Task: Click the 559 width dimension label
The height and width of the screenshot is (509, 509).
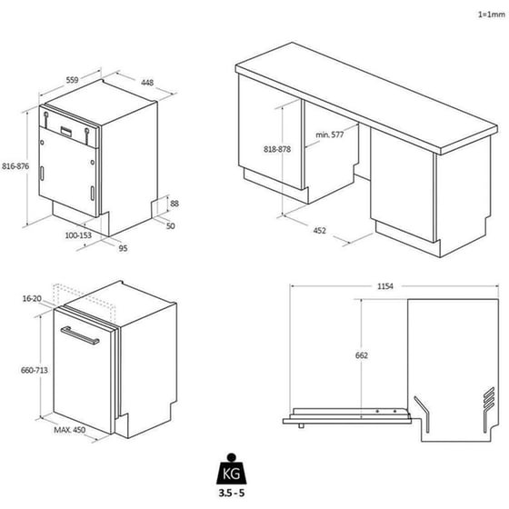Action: click(72, 80)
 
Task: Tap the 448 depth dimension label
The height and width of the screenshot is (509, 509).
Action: click(147, 83)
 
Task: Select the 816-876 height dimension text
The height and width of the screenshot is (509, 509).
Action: click(15, 166)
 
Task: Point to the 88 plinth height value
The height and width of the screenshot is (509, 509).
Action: click(175, 204)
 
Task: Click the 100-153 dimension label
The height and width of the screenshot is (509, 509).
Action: click(78, 235)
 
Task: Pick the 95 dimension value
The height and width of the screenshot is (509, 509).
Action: click(123, 248)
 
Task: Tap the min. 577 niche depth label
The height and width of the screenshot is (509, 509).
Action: click(329, 135)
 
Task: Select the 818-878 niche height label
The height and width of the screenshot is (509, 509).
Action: click(277, 149)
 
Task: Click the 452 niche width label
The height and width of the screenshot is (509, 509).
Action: click(319, 231)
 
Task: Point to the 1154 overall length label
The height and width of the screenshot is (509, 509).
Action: click(385, 286)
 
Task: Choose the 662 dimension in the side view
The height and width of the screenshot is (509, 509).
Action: click(362, 355)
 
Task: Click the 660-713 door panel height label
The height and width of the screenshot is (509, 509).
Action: click(35, 370)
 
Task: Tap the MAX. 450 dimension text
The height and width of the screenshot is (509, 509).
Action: click(70, 430)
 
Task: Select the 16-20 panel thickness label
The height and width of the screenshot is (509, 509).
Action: click(32, 299)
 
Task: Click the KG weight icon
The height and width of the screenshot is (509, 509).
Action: click(232, 469)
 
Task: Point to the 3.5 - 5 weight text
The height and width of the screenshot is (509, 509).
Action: click(232, 493)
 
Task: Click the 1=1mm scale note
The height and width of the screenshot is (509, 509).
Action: click(492, 15)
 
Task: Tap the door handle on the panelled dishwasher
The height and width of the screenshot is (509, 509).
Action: click(80, 335)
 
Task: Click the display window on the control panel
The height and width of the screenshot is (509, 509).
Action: click(67, 132)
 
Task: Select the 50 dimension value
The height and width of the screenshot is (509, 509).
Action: click(171, 226)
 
